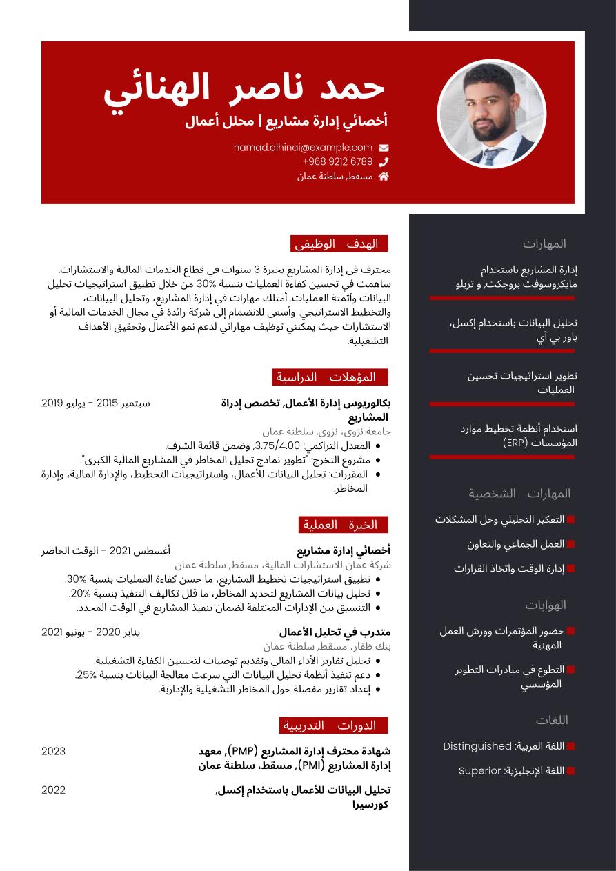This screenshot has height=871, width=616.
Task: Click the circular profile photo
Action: point(491,114)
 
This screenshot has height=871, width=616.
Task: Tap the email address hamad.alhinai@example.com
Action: point(303,148)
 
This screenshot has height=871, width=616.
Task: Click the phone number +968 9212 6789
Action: point(337,162)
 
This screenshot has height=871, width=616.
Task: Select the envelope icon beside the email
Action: point(384,148)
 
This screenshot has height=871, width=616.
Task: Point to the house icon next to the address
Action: point(384,177)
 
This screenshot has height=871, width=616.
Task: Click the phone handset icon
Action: point(384,162)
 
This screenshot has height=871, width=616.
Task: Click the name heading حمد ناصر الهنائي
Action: point(244,89)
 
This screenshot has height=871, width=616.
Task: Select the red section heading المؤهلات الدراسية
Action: point(330,377)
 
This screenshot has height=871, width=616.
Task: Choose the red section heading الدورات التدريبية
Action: point(334,725)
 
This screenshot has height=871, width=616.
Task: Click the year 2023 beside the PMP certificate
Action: point(54,751)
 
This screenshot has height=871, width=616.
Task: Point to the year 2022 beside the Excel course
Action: point(54,790)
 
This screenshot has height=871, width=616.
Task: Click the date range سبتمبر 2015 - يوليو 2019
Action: point(96,403)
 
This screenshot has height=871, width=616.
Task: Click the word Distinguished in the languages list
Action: point(477,746)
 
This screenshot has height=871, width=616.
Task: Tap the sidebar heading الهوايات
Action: point(546,605)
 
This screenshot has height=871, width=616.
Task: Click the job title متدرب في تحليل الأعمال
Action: point(335,632)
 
